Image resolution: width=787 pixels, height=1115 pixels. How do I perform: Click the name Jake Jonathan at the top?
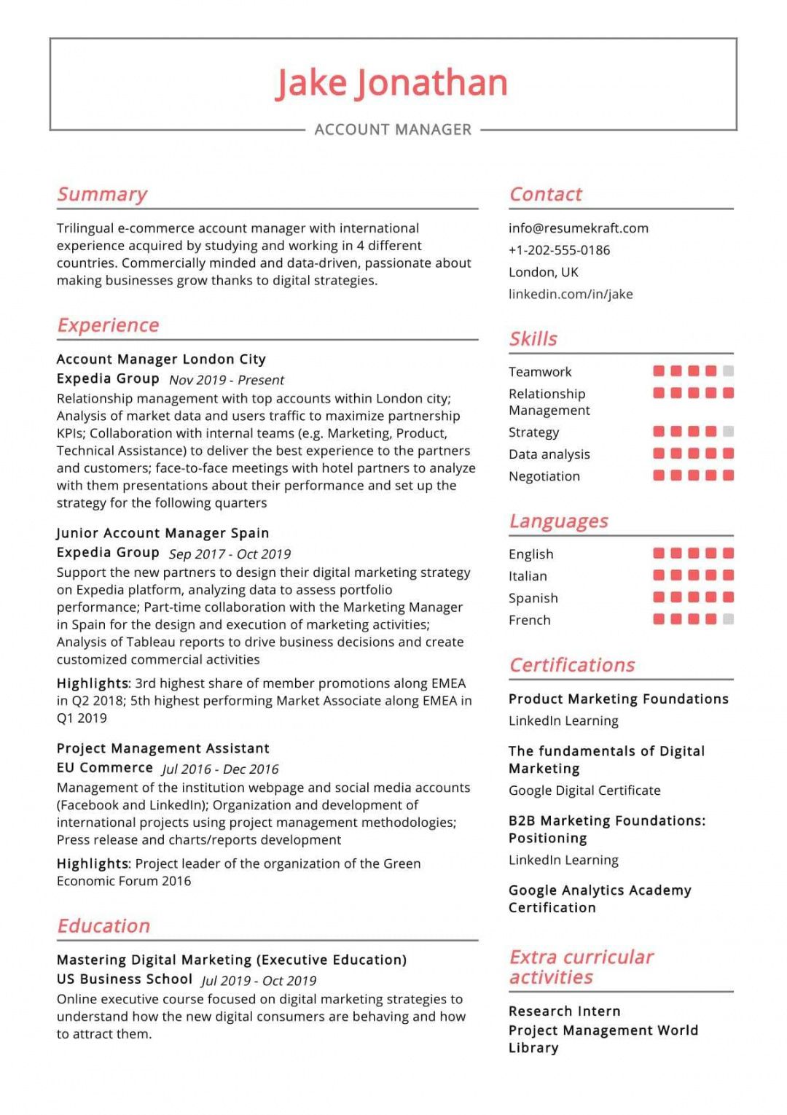pyautogui.click(x=391, y=83)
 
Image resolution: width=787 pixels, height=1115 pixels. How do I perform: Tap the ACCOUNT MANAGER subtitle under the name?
pyautogui.click(x=393, y=130)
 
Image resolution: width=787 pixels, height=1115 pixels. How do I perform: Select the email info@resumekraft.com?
pyautogui.click(x=578, y=228)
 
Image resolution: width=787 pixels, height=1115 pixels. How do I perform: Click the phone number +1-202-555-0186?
pyautogui.click(x=559, y=250)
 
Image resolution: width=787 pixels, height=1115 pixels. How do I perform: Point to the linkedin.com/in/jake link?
pyautogui.click(x=571, y=294)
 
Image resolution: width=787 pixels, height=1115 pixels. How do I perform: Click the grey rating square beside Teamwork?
pyautogui.click(x=728, y=371)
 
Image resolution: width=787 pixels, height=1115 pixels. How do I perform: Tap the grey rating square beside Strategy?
pyautogui.click(x=728, y=432)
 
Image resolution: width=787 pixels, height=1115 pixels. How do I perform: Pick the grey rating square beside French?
pyautogui.click(x=728, y=620)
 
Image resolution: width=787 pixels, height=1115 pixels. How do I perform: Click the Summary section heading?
pyautogui.click(x=102, y=195)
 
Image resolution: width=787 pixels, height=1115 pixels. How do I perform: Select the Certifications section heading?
pyautogui.click(x=571, y=665)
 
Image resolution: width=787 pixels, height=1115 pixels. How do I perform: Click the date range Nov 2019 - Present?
pyautogui.click(x=226, y=380)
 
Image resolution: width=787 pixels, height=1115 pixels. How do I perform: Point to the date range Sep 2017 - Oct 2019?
pyautogui.click(x=230, y=554)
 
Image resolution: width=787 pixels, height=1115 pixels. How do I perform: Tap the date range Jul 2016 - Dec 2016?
pyautogui.click(x=220, y=769)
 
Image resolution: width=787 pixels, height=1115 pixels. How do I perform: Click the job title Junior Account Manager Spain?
pyautogui.click(x=163, y=533)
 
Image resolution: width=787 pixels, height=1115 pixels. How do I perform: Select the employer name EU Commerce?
pyautogui.click(x=105, y=768)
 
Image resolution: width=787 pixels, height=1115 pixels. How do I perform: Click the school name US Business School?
pyautogui.click(x=125, y=979)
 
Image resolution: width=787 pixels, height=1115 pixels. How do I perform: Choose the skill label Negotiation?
pyautogui.click(x=544, y=476)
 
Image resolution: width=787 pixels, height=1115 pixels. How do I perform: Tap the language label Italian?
pyautogui.click(x=528, y=576)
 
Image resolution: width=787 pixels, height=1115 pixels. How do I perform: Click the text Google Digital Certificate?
pyautogui.click(x=584, y=790)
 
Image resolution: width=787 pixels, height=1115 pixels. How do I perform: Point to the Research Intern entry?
pyautogui.click(x=564, y=1011)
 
